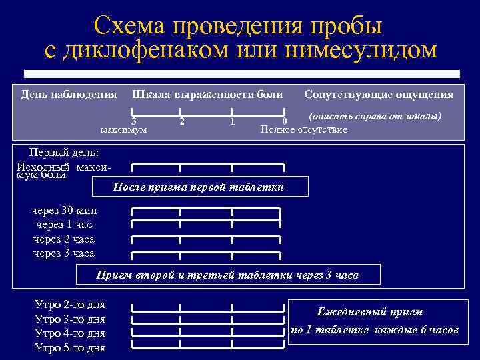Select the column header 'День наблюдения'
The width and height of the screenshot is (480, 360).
(69, 95)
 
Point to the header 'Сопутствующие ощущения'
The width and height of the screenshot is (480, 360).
(379, 95)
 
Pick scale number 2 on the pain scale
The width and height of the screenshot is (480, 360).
(182, 121)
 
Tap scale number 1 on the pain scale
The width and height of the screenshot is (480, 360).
(231, 121)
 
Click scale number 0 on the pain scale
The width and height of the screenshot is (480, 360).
(284, 121)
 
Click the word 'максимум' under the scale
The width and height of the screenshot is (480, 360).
(123, 129)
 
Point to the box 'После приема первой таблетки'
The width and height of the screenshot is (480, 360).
(199, 187)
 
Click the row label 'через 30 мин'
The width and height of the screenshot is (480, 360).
(64, 211)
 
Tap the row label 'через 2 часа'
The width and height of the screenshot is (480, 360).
(64, 239)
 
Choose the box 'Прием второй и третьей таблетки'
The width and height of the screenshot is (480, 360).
(227, 275)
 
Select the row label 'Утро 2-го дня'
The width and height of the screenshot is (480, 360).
(69, 305)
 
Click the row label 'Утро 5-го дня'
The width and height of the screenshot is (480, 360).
(69, 347)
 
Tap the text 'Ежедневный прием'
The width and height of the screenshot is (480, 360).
(370, 312)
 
